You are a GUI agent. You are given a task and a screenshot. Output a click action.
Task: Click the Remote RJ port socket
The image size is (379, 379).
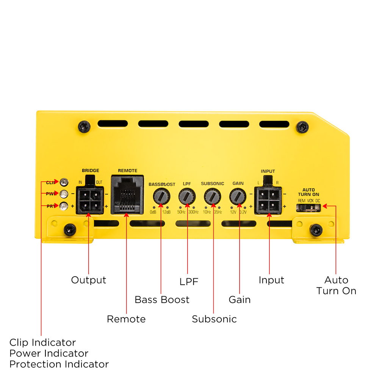tap(127, 194)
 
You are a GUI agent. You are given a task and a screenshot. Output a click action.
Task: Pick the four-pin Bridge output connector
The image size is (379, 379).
tap(89, 200)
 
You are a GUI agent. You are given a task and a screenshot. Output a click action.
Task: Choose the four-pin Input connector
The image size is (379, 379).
tap(268, 200)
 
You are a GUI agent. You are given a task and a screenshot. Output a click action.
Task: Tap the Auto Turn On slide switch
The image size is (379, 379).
tap(309, 207)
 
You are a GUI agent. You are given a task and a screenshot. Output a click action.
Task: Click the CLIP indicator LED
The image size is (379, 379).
tap(64, 182)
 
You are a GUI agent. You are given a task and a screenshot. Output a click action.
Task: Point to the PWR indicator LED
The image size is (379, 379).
tap(64, 194)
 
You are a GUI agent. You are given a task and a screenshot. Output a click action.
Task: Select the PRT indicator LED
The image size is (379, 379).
tap(64, 206)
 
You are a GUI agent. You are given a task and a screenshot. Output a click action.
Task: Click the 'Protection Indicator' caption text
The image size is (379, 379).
tap(59, 364)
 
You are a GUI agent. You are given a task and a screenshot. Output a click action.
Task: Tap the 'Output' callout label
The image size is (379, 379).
tap(89, 280)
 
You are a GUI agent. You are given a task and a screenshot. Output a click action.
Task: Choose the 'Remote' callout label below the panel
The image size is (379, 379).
tap(126, 319)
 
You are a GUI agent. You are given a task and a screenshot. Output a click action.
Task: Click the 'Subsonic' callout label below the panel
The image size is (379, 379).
tap(214, 319)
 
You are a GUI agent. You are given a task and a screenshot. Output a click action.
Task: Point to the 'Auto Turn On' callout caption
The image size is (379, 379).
tap(336, 285)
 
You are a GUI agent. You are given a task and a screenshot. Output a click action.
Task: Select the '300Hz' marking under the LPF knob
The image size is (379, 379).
tap(193, 212)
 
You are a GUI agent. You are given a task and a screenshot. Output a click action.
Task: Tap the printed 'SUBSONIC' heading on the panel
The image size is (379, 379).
tap(212, 184)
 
